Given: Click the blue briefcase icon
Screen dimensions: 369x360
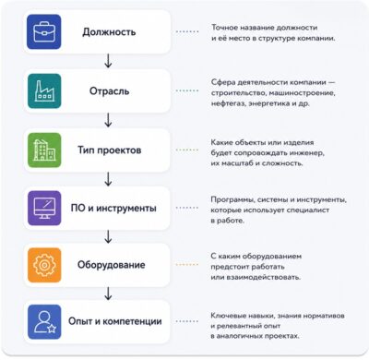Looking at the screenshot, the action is [x=44, y=32].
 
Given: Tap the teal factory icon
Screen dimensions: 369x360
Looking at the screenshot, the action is [x=44, y=91].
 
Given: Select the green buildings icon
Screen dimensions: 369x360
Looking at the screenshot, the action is [x=44, y=150].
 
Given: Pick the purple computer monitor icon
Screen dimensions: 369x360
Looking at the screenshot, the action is [x=44, y=208].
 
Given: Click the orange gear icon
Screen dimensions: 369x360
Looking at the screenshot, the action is [x=44, y=265].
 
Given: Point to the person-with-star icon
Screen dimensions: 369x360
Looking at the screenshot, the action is [x=44, y=322].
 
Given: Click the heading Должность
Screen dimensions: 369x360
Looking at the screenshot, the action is [x=109, y=32].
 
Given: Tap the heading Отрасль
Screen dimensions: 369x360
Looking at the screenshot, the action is [x=109, y=91].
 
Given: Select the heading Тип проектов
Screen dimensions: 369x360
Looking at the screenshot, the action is [x=110, y=150].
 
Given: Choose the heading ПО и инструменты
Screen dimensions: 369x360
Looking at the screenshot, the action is [x=113, y=208].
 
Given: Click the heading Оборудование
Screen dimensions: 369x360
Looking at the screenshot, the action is [x=111, y=265].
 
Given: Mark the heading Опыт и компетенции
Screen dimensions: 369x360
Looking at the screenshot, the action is [x=115, y=321].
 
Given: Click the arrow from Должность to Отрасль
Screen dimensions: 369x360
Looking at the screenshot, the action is [x=108, y=61].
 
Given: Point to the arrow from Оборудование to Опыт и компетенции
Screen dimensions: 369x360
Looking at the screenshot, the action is [x=108, y=294].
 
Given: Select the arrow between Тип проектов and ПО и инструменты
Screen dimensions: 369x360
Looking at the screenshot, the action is [x=108, y=179].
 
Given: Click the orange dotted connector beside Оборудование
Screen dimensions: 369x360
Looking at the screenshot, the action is [x=187, y=265].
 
